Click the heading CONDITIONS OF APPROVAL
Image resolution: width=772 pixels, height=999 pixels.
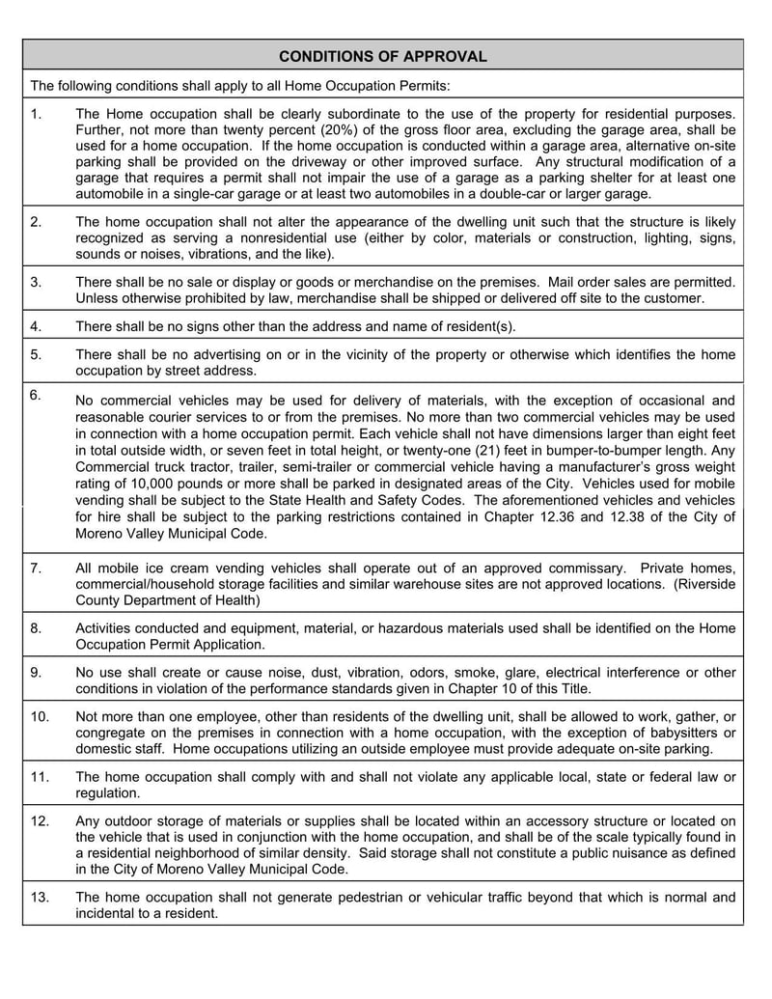(x=383, y=56)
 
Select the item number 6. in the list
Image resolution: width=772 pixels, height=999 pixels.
(x=36, y=394)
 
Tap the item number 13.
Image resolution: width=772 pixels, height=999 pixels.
(x=40, y=897)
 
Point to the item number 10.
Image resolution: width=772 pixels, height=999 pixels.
(x=40, y=716)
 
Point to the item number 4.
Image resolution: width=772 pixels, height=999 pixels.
(x=36, y=325)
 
